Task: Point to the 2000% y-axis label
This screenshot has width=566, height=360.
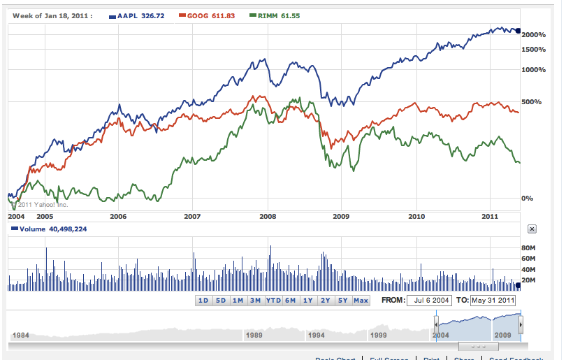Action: click(533, 35)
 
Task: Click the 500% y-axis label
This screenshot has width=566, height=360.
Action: click(532, 102)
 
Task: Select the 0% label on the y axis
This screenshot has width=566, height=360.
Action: click(528, 199)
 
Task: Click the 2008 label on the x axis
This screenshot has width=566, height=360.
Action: click(268, 217)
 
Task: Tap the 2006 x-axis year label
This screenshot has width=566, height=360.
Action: click(118, 217)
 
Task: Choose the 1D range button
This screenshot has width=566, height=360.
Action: click(203, 301)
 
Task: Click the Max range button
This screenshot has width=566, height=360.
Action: click(361, 301)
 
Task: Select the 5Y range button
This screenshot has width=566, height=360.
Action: click(342, 301)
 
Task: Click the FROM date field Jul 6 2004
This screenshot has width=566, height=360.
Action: click(430, 301)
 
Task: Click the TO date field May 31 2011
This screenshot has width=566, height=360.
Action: click(493, 301)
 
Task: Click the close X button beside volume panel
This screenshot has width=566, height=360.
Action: click(531, 229)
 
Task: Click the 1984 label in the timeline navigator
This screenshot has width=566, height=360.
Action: click(22, 335)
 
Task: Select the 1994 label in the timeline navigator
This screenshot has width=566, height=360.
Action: click(317, 335)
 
